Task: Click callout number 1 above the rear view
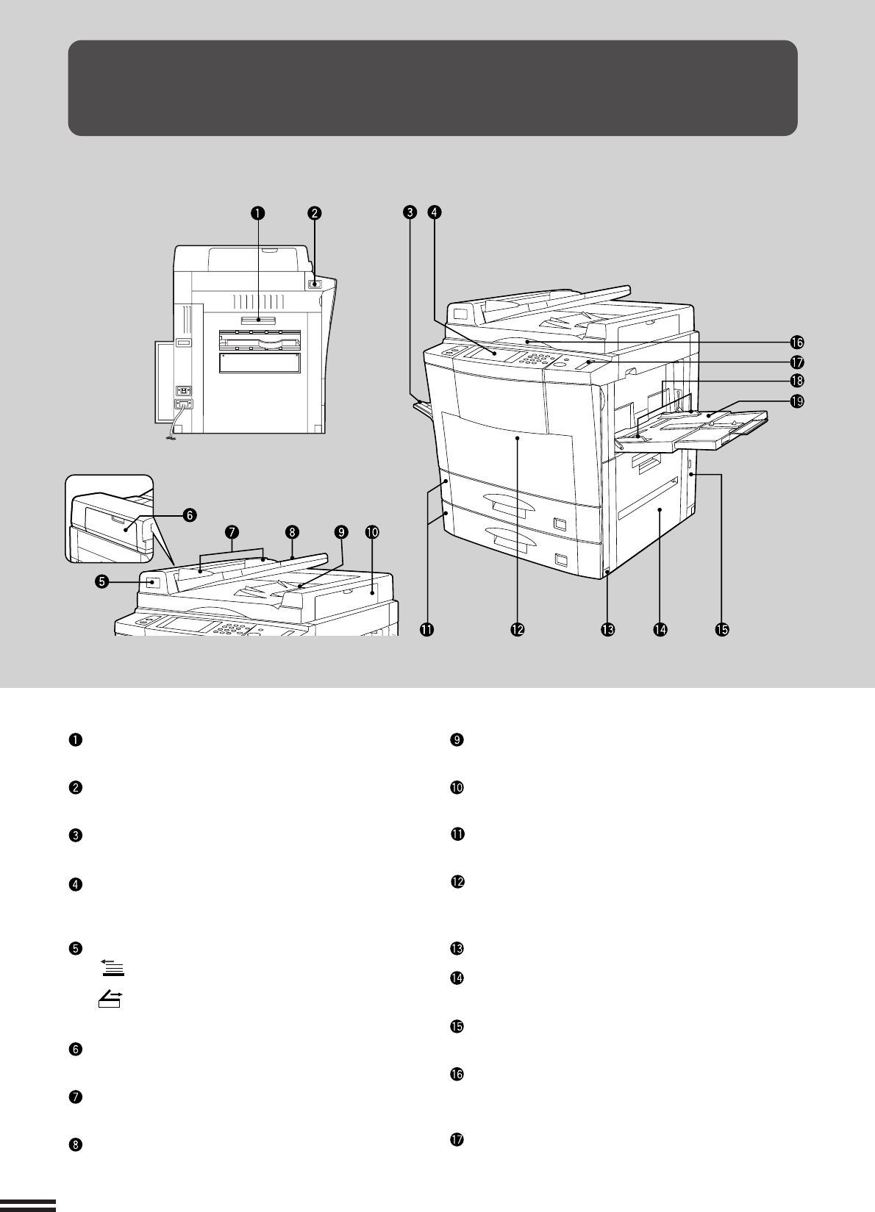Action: coord(257,213)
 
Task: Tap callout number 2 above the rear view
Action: coord(314,213)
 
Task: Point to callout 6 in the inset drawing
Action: coord(190,515)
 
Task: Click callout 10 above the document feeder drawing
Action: coord(372,531)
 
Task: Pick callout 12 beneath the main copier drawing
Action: coord(518,629)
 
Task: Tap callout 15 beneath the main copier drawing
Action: coord(722,629)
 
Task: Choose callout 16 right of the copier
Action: coord(796,342)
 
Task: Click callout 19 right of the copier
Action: coord(796,401)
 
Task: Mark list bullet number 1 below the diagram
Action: coord(75,740)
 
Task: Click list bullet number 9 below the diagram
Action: coord(456,740)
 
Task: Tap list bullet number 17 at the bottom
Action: coord(456,1140)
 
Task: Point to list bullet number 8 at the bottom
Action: coord(75,1144)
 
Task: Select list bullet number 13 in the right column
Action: coord(456,948)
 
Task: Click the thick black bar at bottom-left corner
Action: coord(28,1203)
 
